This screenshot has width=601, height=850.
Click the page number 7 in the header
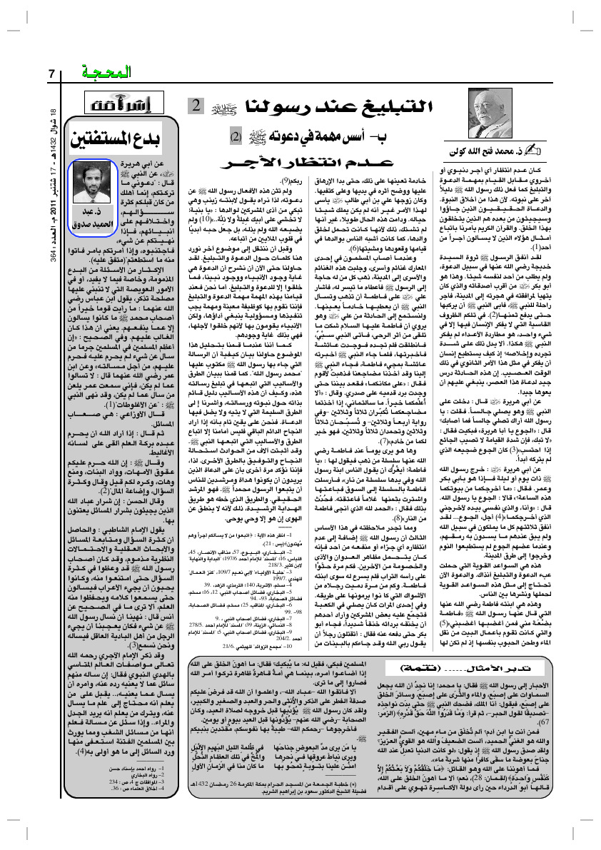coord(51,72)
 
